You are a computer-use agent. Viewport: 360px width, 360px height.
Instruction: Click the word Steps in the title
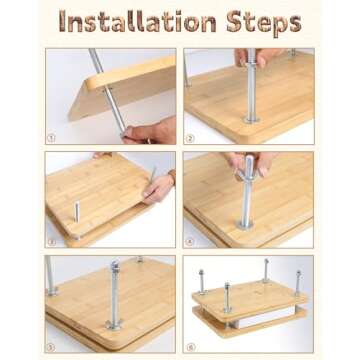tap(264, 23)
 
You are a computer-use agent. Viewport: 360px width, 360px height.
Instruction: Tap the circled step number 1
tap(51, 138)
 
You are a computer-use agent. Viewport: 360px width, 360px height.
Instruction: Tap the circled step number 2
tap(189, 138)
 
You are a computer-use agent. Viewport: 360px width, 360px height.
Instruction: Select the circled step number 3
tap(51, 242)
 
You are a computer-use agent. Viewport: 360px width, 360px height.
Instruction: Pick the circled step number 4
tap(189, 242)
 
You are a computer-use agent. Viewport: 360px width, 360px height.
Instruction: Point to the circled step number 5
tap(51, 347)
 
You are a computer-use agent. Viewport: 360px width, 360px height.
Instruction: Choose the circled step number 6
tap(189, 347)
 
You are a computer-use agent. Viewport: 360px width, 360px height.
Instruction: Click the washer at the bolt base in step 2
tap(252, 119)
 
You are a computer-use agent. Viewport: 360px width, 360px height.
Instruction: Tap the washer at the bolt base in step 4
tap(245, 225)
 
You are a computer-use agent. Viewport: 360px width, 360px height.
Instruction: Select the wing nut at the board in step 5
tap(114, 324)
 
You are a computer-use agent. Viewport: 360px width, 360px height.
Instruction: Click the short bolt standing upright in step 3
tap(77, 212)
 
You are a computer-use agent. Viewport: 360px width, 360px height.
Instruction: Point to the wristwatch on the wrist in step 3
tap(172, 177)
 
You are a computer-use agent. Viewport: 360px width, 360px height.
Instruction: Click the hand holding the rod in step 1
tap(149, 131)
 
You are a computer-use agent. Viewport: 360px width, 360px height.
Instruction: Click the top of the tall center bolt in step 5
tap(115, 265)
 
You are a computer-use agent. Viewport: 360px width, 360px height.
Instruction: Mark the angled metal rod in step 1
tap(107, 90)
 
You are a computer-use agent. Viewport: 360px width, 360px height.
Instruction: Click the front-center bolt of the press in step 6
tap(227, 297)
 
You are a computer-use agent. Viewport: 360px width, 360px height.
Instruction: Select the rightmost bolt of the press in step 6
tap(298, 283)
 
